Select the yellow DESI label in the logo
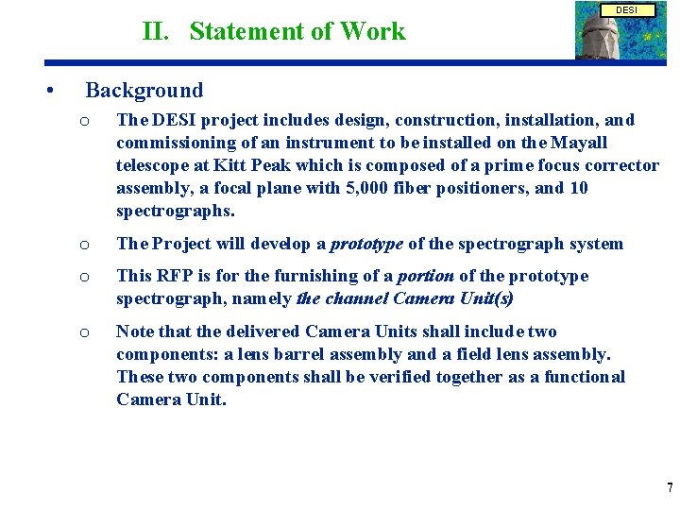tap(627, 9)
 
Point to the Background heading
tap(144, 91)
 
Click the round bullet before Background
tap(47, 91)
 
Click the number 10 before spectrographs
tap(579, 188)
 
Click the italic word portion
tap(425, 276)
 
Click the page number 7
tap(670, 488)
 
